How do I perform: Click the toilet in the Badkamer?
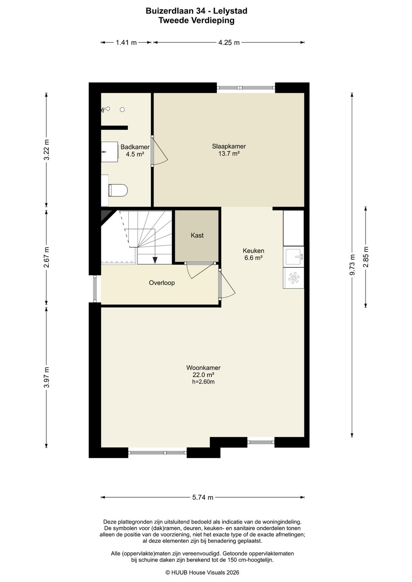tap(118, 190)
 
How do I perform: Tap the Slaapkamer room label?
tap(229, 146)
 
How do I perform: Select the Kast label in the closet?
tap(197, 235)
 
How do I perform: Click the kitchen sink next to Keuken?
tap(293, 256)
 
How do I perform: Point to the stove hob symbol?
tap(293, 278)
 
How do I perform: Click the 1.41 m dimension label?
tap(126, 43)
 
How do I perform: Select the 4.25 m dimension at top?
tap(229, 43)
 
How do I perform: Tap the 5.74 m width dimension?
tap(203, 497)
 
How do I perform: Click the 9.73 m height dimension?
tap(352, 265)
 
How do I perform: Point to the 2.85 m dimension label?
tap(366, 257)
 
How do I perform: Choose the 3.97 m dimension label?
tap(47, 377)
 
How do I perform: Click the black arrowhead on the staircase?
tap(155, 260)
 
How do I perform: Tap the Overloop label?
tap(162, 283)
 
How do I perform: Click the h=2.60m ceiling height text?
tap(203, 382)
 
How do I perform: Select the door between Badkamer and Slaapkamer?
tap(159, 151)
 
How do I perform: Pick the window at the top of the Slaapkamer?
tap(246, 88)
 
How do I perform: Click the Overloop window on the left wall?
tap(95, 289)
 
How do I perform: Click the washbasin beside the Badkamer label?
tap(109, 152)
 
